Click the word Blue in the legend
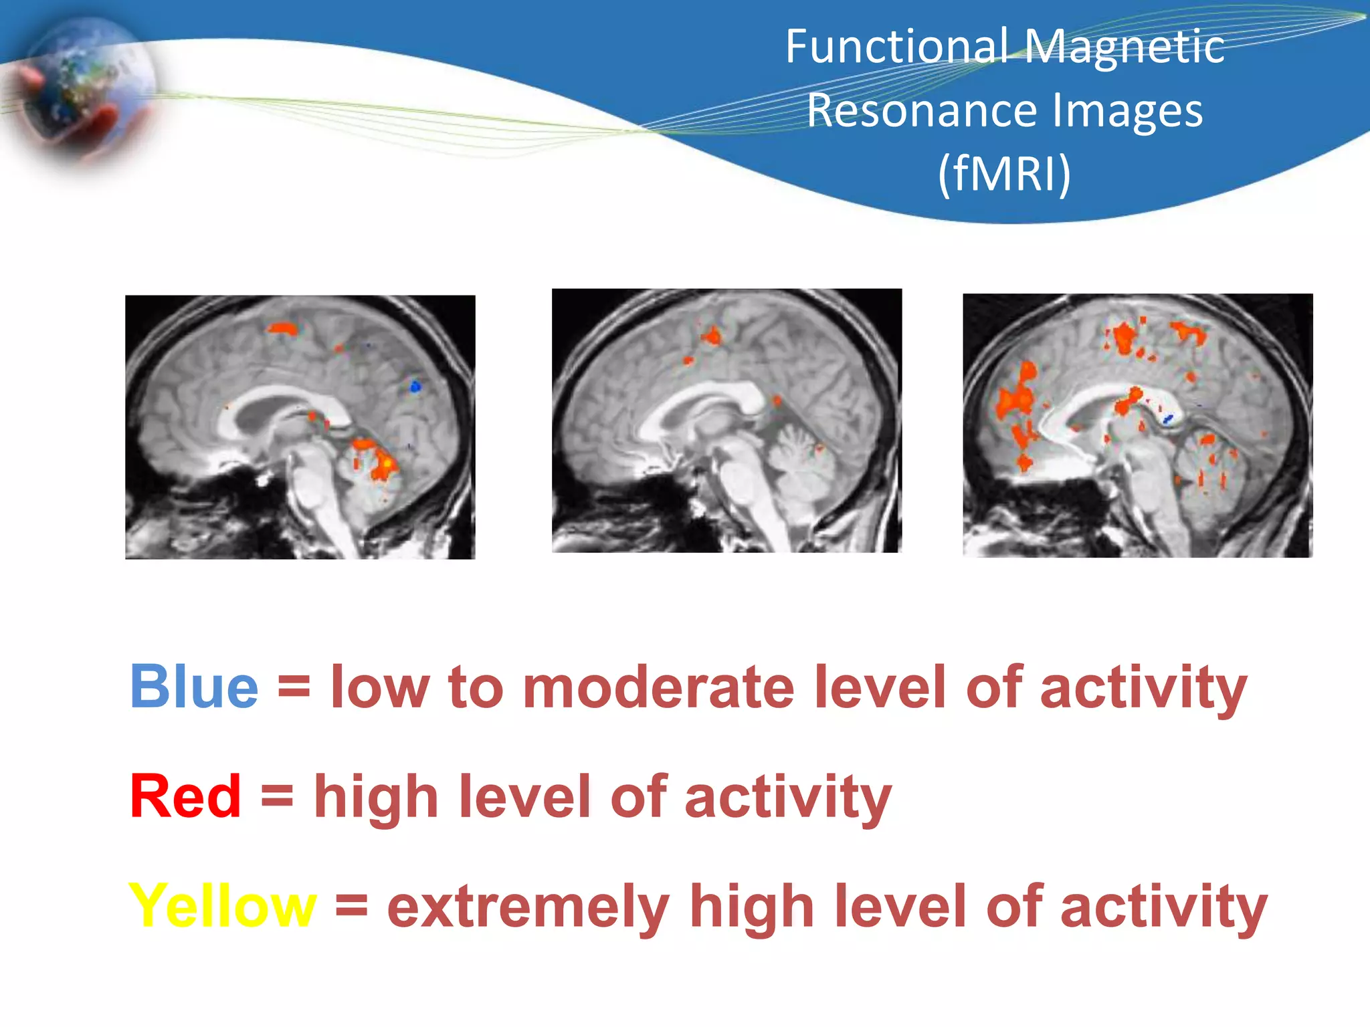click(x=194, y=687)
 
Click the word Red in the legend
click(x=185, y=796)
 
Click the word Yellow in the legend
click(x=222, y=905)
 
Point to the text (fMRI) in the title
click(x=1005, y=173)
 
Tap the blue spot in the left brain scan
click(x=415, y=386)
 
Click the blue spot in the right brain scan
click(x=1168, y=419)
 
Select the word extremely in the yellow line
click(x=528, y=907)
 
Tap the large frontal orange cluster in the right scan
click(x=1015, y=401)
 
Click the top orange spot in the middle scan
click(x=712, y=336)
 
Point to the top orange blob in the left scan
click(x=282, y=328)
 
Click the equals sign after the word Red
click(x=277, y=796)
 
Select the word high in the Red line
click(x=376, y=797)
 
